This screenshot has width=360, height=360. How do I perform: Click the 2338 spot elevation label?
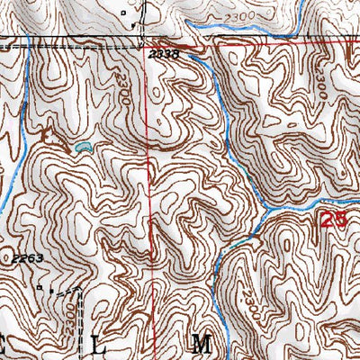[x=165, y=54]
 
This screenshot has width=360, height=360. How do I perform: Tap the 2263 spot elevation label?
[x=28, y=258]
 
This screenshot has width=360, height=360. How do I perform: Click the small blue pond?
[x=83, y=145]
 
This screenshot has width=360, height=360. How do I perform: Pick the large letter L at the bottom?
[x=98, y=344]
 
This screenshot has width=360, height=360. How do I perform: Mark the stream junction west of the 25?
[x=268, y=211]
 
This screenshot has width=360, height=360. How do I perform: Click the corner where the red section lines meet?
[x=148, y=43]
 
